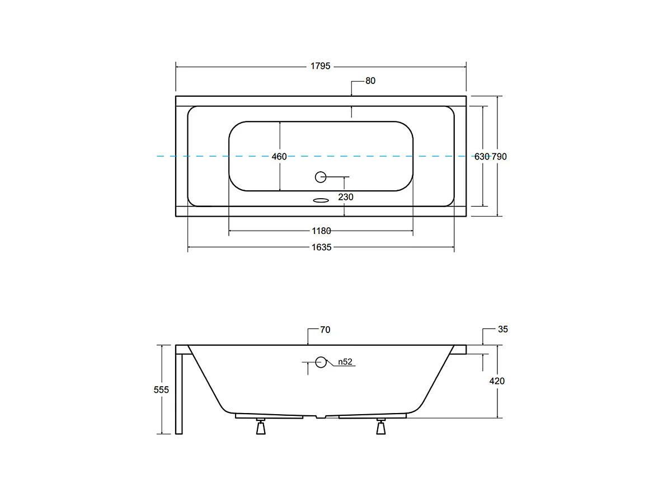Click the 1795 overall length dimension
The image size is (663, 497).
click(x=321, y=66)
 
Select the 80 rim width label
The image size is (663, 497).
click(x=370, y=81)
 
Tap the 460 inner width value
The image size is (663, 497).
click(x=279, y=157)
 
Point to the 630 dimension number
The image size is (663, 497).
click(x=481, y=157)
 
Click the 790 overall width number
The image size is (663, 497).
click(x=499, y=157)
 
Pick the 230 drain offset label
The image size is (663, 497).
click(x=345, y=197)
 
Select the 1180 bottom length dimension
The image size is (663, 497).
click(x=321, y=231)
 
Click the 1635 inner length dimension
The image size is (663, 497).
click(x=321, y=247)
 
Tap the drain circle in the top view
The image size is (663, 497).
click(x=321, y=177)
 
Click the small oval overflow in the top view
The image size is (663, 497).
click(x=321, y=199)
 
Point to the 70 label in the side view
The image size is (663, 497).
click(x=325, y=330)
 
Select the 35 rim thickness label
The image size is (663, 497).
click(x=502, y=329)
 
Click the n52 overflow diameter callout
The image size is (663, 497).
click(x=345, y=362)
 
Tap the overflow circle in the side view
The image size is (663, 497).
click(x=321, y=362)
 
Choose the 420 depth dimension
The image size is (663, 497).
click(x=497, y=381)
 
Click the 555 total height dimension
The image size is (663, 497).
click(x=161, y=390)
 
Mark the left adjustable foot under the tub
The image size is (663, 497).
click(x=260, y=426)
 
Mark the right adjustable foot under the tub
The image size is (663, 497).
click(x=382, y=426)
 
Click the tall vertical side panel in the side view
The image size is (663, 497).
click(x=178, y=392)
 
